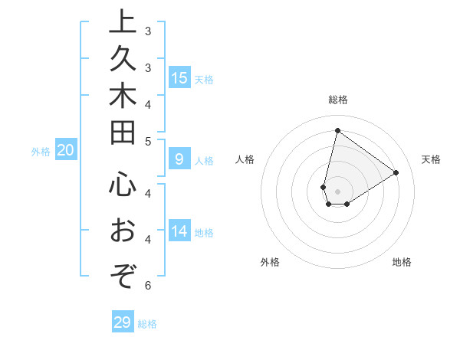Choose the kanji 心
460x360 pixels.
point(121,187)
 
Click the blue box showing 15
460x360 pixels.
point(179,78)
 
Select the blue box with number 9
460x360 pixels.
point(179,160)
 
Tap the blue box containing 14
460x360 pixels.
point(179,231)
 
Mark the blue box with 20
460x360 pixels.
point(65,151)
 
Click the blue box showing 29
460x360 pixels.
point(123,322)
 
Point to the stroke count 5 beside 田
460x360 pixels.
point(148,141)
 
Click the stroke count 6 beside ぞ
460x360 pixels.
point(148,286)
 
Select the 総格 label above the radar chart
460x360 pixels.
point(337,100)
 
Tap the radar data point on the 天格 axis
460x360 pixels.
point(396,173)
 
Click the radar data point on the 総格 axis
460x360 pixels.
point(337,130)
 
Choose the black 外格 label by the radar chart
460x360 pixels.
point(269,262)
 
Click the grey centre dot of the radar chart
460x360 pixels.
point(337,191)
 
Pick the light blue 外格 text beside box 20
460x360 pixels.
point(41,152)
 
